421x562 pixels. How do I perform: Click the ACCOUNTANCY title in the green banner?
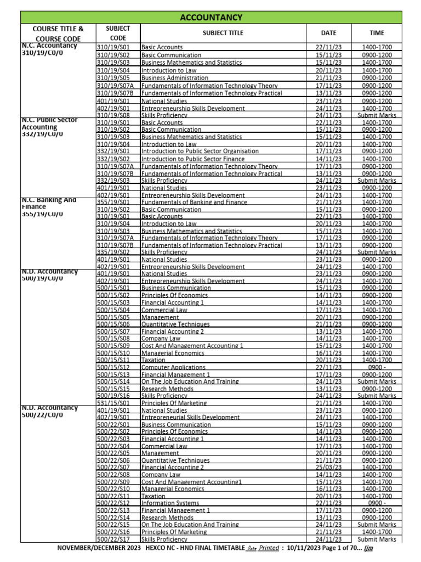pos(210,18)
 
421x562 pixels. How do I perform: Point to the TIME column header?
pos(377,33)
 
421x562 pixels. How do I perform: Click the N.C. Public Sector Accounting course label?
pos(49,127)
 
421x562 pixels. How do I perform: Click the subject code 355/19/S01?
pos(113,202)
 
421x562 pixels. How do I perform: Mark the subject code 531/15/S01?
pos(113,402)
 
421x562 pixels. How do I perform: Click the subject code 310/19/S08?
pos(113,116)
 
